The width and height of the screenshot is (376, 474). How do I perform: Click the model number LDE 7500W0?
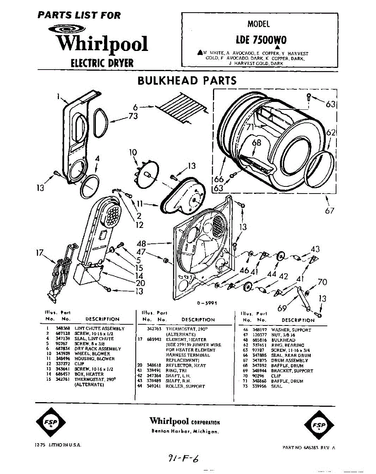click(x=261, y=40)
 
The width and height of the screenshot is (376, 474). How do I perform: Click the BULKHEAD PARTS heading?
click(x=187, y=81)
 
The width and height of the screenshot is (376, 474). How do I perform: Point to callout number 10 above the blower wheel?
click(x=133, y=152)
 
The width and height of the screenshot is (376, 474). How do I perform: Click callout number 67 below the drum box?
click(x=330, y=211)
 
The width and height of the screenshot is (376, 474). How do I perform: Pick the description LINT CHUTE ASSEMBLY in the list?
click(x=99, y=328)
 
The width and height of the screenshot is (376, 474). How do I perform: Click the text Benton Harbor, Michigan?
click(x=184, y=431)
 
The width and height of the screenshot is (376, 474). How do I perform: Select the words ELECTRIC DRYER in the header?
click(x=102, y=63)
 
